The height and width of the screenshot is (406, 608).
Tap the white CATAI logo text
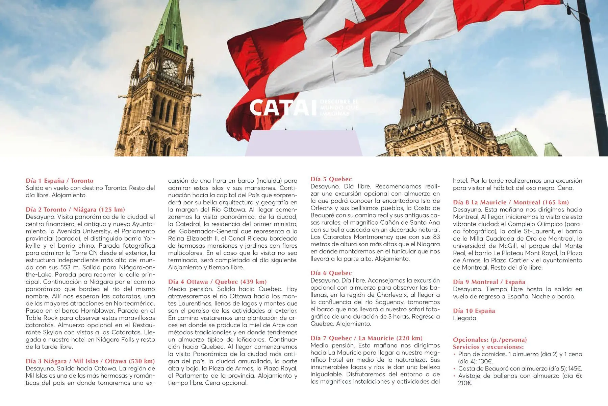pos(280,108)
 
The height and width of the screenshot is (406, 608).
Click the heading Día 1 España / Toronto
pos(59,181)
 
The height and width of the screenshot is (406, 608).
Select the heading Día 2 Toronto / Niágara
pos(75,209)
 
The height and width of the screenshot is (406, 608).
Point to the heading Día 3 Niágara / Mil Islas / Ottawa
pos(90,361)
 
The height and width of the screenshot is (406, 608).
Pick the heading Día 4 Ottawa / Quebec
pos(217,281)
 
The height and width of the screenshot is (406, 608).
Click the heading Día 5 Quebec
pos(331,179)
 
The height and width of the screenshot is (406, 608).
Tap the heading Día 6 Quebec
pos(331,273)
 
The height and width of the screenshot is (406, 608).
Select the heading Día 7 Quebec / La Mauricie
pos(366,338)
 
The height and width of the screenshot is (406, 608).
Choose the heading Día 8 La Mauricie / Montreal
pos(511,202)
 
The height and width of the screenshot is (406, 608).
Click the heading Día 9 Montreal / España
pos(489,282)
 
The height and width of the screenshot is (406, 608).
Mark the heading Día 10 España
pos(474,311)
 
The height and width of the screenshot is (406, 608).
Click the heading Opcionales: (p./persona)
pos(490,340)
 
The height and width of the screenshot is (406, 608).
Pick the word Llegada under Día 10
pos(465,318)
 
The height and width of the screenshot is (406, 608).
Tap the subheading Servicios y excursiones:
pos(488,347)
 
